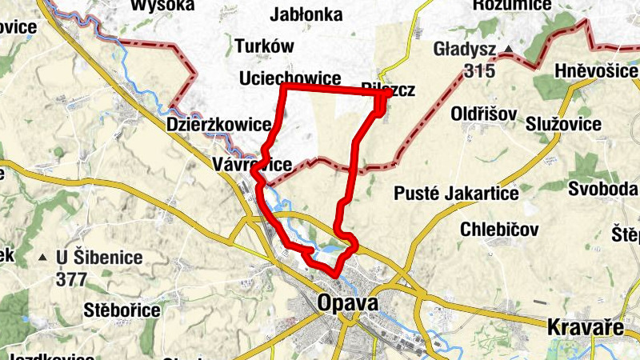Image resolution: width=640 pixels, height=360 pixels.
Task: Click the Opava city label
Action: point(347,304)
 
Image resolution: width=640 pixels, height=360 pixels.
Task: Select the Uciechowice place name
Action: point(290,78)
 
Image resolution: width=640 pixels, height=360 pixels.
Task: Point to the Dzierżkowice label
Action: point(219,125)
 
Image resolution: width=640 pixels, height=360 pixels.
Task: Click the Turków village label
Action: point(266,45)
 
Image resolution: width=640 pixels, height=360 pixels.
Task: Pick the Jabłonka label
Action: point(306,15)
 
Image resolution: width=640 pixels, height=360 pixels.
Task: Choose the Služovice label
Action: point(564,124)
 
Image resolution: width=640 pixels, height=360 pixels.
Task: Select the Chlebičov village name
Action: point(500,230)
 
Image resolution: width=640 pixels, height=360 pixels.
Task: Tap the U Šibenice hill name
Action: point(99,258)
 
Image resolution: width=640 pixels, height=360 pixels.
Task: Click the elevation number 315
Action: point(478,70)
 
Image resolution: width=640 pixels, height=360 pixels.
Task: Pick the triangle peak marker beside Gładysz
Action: point(509,50)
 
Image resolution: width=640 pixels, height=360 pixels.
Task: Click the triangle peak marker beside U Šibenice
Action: point(42,258)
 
